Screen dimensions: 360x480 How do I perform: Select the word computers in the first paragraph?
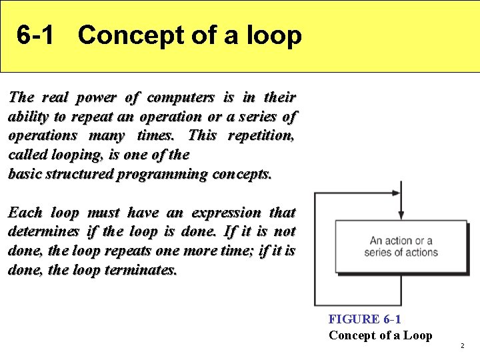tap(181, 97)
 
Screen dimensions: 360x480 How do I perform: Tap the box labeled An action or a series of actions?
tap(401, 246)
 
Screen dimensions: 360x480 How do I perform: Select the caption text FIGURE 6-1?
tap(365, 319)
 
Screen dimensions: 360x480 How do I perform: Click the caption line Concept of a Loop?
tap(380, 335)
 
